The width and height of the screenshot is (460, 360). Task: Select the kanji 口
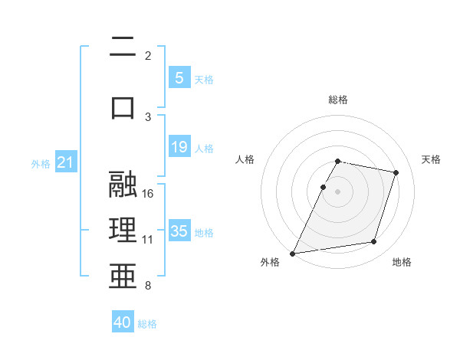click(123, 107)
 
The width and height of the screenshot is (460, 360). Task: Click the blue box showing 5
click(179, 77)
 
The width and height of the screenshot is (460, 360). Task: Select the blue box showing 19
click(179, 147)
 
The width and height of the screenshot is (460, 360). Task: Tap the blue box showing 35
click(179, 231)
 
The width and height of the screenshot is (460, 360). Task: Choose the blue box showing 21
click(66, 162)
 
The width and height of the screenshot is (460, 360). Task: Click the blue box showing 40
click(123, 322)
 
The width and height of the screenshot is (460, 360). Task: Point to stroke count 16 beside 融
click(148, 194)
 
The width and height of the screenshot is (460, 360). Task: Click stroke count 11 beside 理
click(148, 240)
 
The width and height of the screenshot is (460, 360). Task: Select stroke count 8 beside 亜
click(148, 286)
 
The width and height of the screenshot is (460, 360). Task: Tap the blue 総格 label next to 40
click(147, 324)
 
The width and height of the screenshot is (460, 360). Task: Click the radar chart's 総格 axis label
click(337, 100)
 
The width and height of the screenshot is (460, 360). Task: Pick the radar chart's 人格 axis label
click(245, 159)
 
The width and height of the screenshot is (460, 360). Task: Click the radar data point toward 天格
click(396, 172)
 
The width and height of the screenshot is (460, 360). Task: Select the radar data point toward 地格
click(374, 242)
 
